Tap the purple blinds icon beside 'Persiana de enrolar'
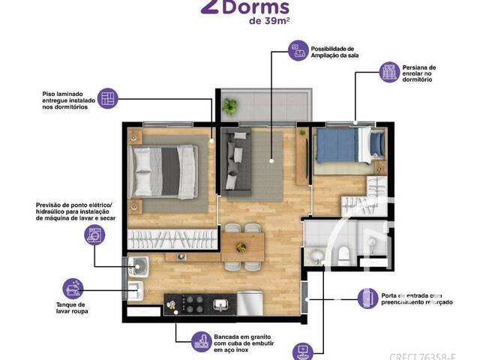coord(389,71)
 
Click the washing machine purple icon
coord(95,235)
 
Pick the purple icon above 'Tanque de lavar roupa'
coord(73,289)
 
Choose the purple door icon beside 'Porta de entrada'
coord(365,298)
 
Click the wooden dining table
coord(242,244)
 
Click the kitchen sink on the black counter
coord(222,304)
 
